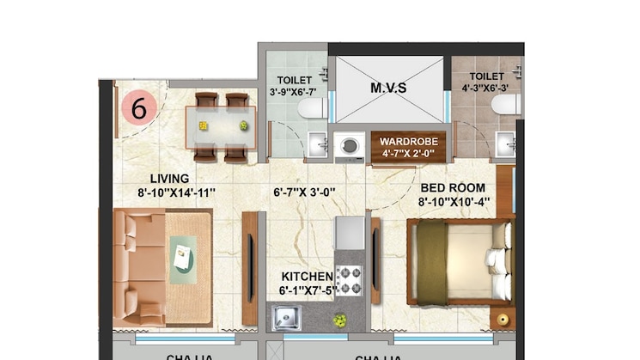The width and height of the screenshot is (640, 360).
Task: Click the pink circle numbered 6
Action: click(x=139, y=108)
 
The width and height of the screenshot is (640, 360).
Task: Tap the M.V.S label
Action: click(x=388, y=88)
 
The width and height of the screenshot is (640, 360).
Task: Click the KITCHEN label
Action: click(x=307, y=276)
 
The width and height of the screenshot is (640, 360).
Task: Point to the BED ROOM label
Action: click(x=453, y=187)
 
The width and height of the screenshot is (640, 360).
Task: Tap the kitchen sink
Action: click(x=287, y=319)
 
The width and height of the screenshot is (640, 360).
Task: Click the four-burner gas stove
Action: click(x=349, y=280)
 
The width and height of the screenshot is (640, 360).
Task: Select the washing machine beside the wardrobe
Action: click(x=350, y=145)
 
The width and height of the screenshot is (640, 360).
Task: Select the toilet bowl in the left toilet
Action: click(x=314, y=107)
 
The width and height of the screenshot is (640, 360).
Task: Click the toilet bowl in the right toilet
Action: click(x=506, y=105)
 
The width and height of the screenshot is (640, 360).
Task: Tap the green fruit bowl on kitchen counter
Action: click(x=340, y=320)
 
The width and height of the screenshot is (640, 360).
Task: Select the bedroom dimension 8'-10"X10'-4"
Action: click(x=454, y=202)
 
